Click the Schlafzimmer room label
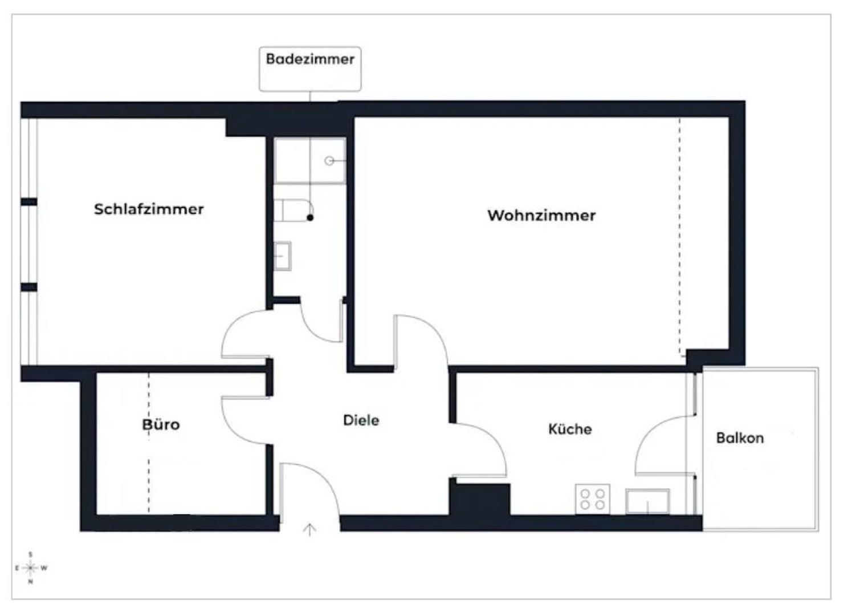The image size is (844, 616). (149, 209)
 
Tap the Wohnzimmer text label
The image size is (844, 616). (541, 216)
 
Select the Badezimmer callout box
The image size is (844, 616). (310, 68)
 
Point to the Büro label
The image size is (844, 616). (161, 424)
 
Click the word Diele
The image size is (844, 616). (361, 420)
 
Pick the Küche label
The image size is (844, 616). (570, 429)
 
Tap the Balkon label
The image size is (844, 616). (740, 438)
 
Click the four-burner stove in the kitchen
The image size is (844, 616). (592, 499)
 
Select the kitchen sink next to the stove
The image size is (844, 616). (647, 501)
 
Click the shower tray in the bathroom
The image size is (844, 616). (309, 161)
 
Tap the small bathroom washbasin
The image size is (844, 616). (283, 256)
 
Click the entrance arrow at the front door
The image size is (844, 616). (309, 530)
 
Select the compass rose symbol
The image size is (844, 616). (31, 568)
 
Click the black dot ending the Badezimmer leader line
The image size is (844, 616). (310, 218)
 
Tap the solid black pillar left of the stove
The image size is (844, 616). (479, 500)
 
